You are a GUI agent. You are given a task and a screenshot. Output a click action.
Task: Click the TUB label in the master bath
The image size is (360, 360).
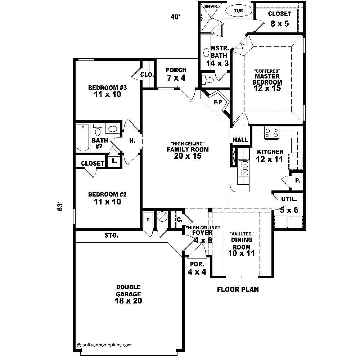click(x=238, y=11)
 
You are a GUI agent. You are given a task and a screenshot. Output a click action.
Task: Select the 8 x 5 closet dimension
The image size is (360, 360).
click(x=279, y=23)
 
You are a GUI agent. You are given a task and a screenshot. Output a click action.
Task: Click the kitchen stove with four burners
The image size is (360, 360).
click(x=271, y=132)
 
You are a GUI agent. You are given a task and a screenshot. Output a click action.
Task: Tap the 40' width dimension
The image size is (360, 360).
click(x=175, y=17)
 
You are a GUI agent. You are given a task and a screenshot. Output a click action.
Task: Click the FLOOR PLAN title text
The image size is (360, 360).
click(x=238, y=289)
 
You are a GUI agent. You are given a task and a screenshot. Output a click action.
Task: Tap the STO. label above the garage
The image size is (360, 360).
click(x=112, y=236)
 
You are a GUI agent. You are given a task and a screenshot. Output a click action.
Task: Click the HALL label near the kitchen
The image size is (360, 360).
click(x=240, y=140)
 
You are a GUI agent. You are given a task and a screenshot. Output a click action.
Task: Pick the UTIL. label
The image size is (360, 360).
click(x=289, y=199)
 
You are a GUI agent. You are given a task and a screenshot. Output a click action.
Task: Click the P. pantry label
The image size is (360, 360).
click(x=297, y=180)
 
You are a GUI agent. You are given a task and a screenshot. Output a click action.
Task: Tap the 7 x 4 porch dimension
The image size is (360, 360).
click(x=176, y=78)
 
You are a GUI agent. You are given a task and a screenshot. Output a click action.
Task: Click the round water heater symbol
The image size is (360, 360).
click(x=163, y=216)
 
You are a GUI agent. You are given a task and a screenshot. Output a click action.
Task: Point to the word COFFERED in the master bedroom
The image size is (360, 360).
click(x=267, y=71)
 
